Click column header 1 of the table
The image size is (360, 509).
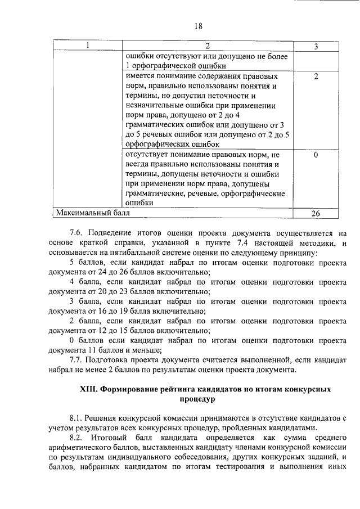(87, 45)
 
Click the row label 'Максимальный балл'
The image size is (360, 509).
(92, 213)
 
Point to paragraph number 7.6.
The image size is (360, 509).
(76, 232)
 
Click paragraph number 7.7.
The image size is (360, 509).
(76, 359)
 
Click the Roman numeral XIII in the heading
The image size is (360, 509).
(90, 389)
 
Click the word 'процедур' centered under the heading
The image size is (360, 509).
(198, 399)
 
